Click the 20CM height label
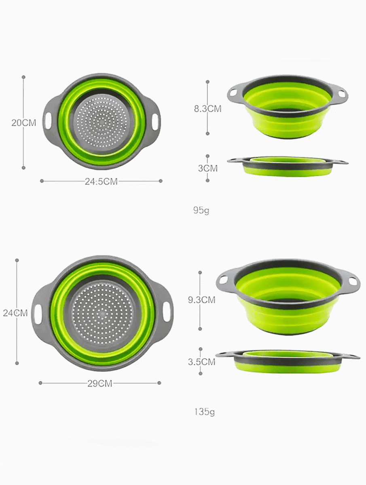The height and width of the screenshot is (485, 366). point(23,123)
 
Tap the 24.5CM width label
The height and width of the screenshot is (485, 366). point(101,181)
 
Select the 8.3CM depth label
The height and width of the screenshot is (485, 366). point(207,109)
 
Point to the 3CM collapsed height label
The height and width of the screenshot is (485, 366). point(207,169)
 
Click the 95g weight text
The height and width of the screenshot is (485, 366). point(201,210)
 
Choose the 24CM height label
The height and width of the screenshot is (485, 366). point(15,313)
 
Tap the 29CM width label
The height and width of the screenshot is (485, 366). point(99,384)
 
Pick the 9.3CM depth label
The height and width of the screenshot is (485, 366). point(201,300)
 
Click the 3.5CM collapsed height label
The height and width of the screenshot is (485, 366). point(201,362)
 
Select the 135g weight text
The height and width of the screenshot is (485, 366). point(205,412)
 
